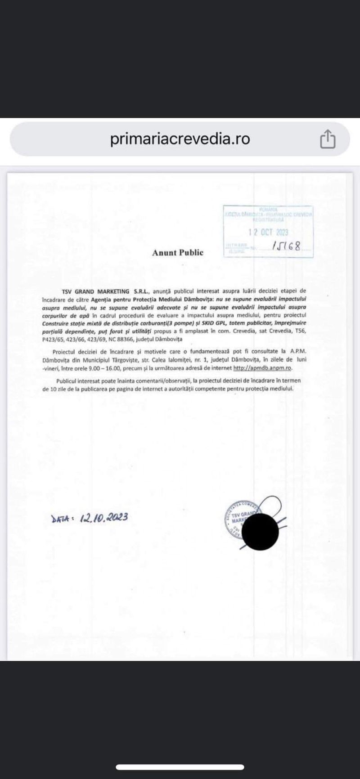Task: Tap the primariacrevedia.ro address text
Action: (180, 139)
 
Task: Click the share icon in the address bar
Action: (328, 139)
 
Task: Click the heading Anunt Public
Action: (178, 253)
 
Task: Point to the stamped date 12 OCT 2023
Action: (269, 233)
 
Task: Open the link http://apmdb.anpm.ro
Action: (262, 368)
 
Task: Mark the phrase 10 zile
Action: (53, 389)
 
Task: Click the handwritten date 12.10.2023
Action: (104, 517)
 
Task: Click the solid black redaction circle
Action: (260, 532)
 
